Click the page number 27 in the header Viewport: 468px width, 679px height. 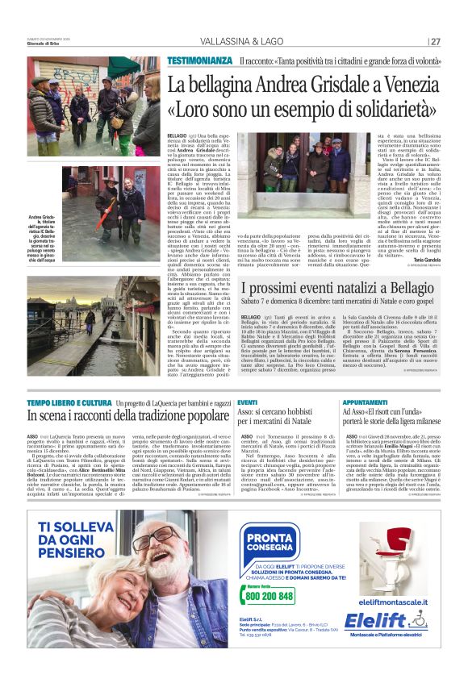click(x=435, y=42)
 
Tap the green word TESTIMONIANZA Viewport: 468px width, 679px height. click(x=199, y=61)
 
